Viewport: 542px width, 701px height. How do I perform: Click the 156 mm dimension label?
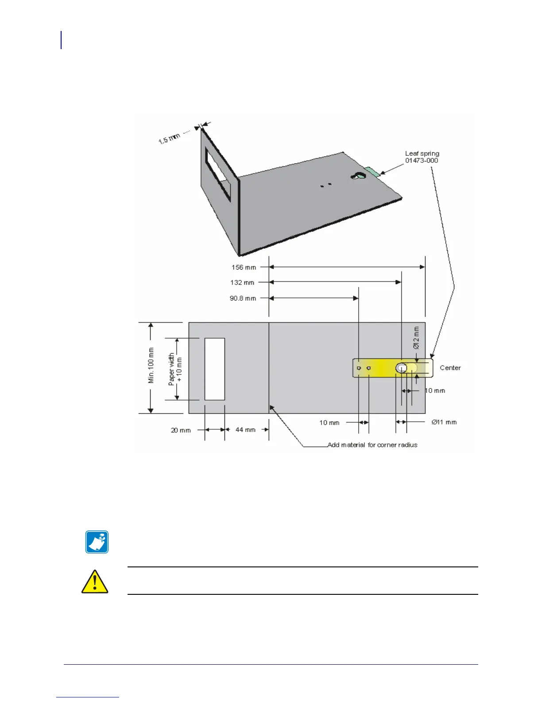pos(244,267)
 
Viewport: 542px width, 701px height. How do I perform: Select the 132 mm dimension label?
pos(242,282)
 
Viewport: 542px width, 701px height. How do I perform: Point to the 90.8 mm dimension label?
pos(243,298)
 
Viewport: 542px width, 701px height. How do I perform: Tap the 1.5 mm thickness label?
pos(169,138)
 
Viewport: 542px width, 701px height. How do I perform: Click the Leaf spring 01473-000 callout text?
pos(422,157)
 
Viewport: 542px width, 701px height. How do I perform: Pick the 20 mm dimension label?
pos(181,430)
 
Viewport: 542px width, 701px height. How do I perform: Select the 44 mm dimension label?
pos(245,430)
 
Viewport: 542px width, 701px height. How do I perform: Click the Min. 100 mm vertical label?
pos(151,366)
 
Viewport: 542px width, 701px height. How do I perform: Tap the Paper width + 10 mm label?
pos(175,369)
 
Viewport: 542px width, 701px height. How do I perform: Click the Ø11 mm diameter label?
pos(444,422)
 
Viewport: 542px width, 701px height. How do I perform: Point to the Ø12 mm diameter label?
pos(416,338)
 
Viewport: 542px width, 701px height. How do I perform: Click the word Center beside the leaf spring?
pos(450,368)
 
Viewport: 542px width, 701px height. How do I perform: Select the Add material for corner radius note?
pos(372,445)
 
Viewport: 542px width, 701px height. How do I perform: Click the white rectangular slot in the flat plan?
pos(215,369)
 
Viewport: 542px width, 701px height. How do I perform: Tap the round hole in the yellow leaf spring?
pos(401,368)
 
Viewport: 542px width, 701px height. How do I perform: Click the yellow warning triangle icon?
pos(95,582)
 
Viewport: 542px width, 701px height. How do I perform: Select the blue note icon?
pos(97,542)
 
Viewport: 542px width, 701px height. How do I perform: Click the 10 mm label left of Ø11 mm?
pos(329,423)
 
